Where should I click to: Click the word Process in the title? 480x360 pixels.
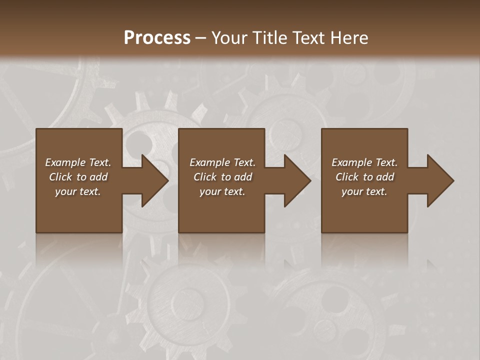pyautogui.click(x=157, y=38)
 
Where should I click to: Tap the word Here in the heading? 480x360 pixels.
pyautogui.click(x=349, y=38)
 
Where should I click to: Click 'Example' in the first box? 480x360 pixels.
pyautogui.click(x=65, y=162)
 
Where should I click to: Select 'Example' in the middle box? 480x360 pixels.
pyautogui.click(x=209, y=162)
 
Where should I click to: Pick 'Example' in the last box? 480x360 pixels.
pyautogui.click(x=351, y=162)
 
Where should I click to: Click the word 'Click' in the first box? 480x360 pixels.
pyautogui.click(x=60, y=177)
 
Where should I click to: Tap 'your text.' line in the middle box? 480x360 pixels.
pyautogui.click(x=222, y=191)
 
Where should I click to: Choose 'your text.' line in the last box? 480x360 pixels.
pyautogui.click(x=364, y=191)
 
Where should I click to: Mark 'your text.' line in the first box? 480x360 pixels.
pyautogui.click(x=78, y=191)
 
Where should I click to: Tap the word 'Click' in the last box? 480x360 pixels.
pyautogui.click(x=347, y=177)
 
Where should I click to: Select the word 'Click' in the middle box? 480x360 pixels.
pyautogui.click(x=205, y=177)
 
